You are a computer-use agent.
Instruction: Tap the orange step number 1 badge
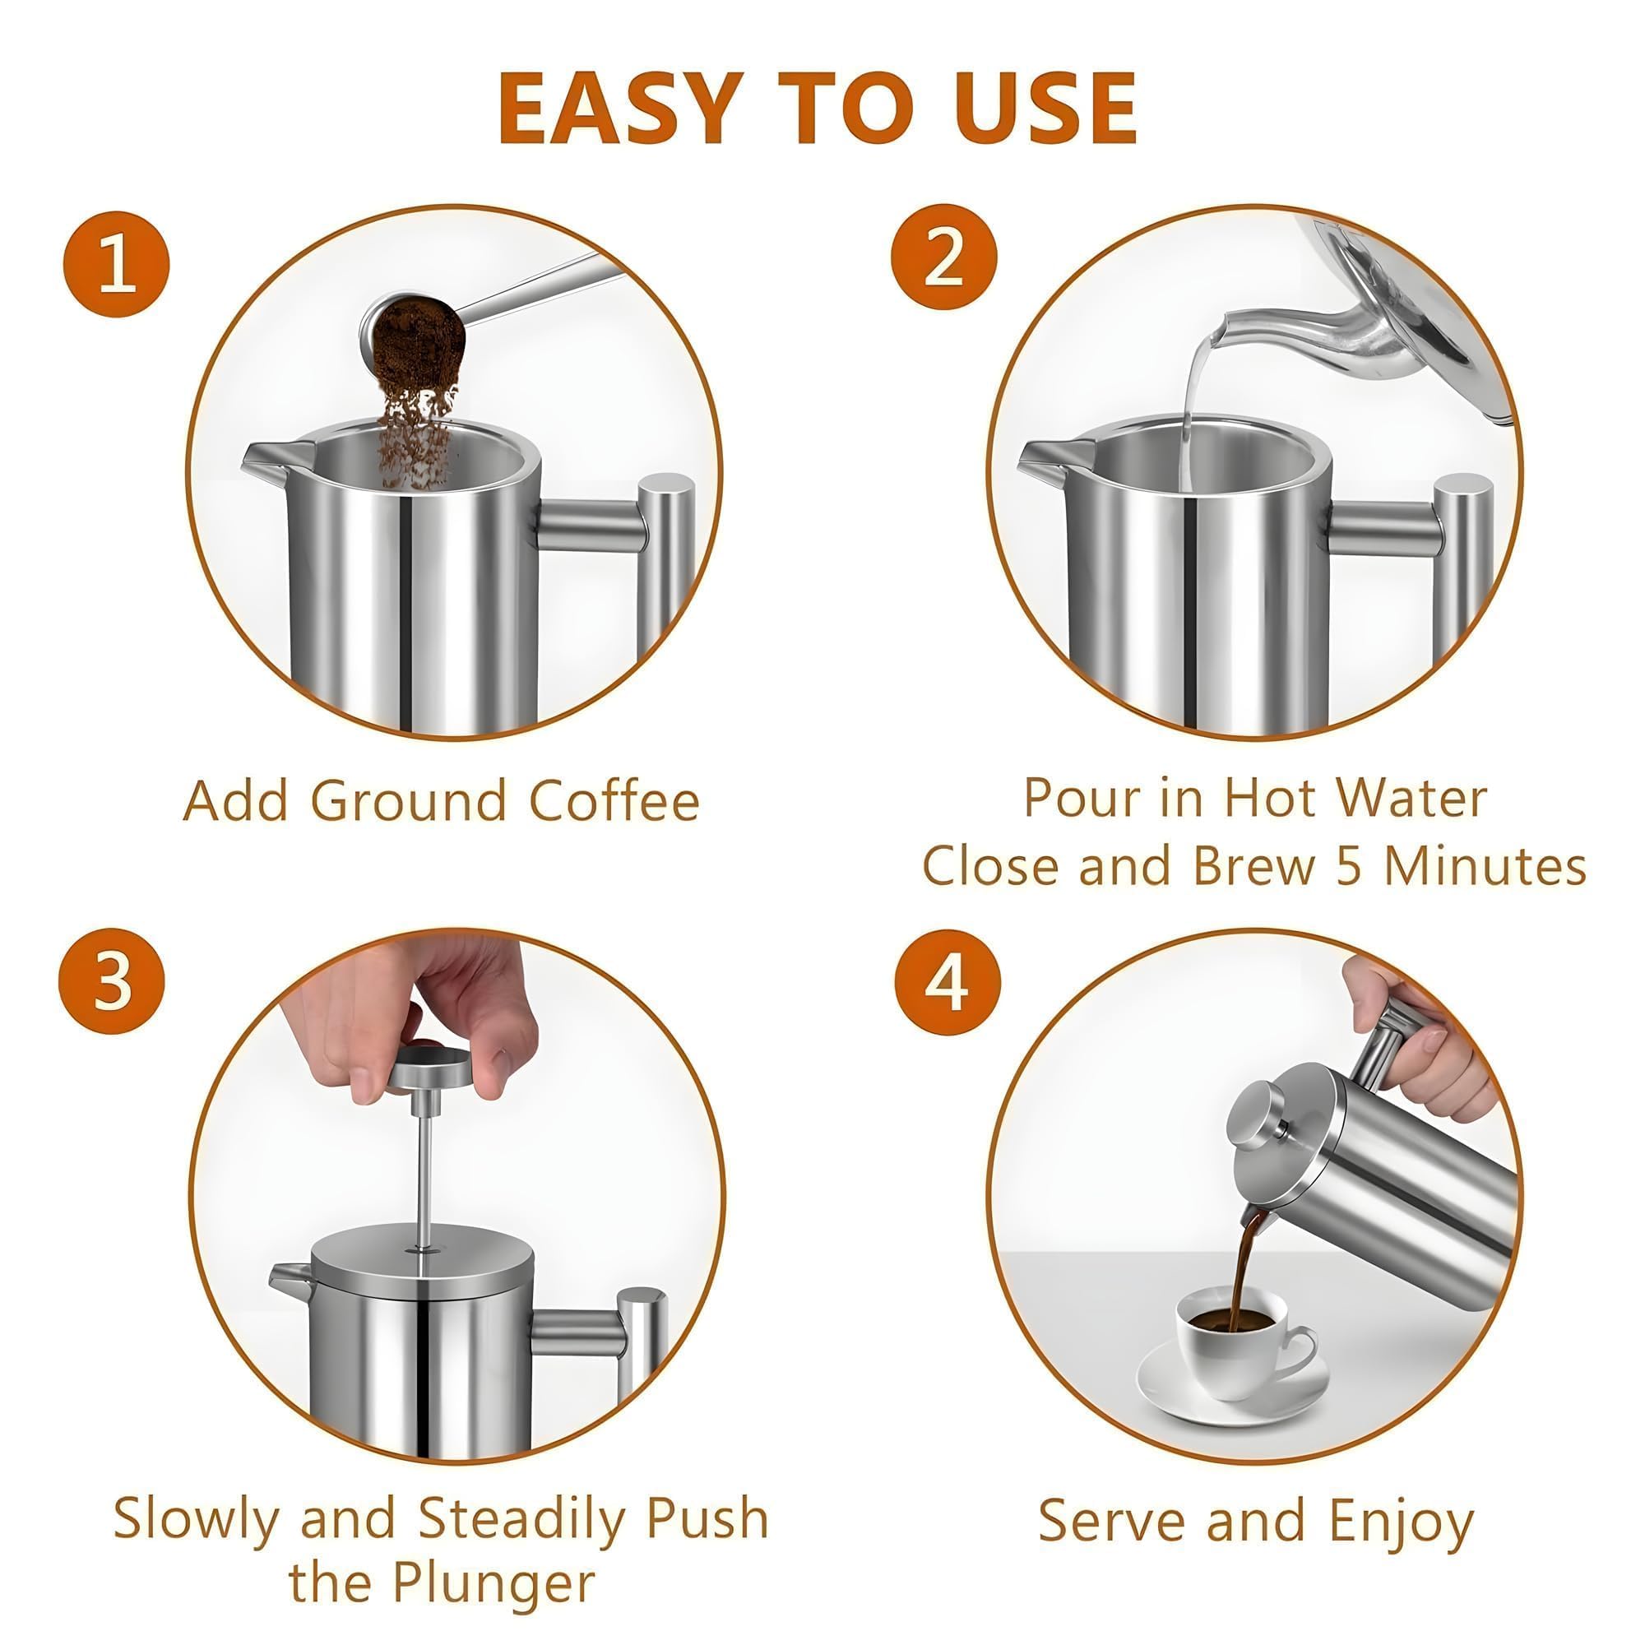point(117,265)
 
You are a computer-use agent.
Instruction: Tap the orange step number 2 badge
point(944,257)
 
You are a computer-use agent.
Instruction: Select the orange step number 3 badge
point(112,981)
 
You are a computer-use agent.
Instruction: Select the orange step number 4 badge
point(948,983)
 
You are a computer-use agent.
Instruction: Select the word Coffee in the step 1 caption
point(614,801)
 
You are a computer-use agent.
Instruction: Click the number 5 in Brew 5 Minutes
point(1348,866)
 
